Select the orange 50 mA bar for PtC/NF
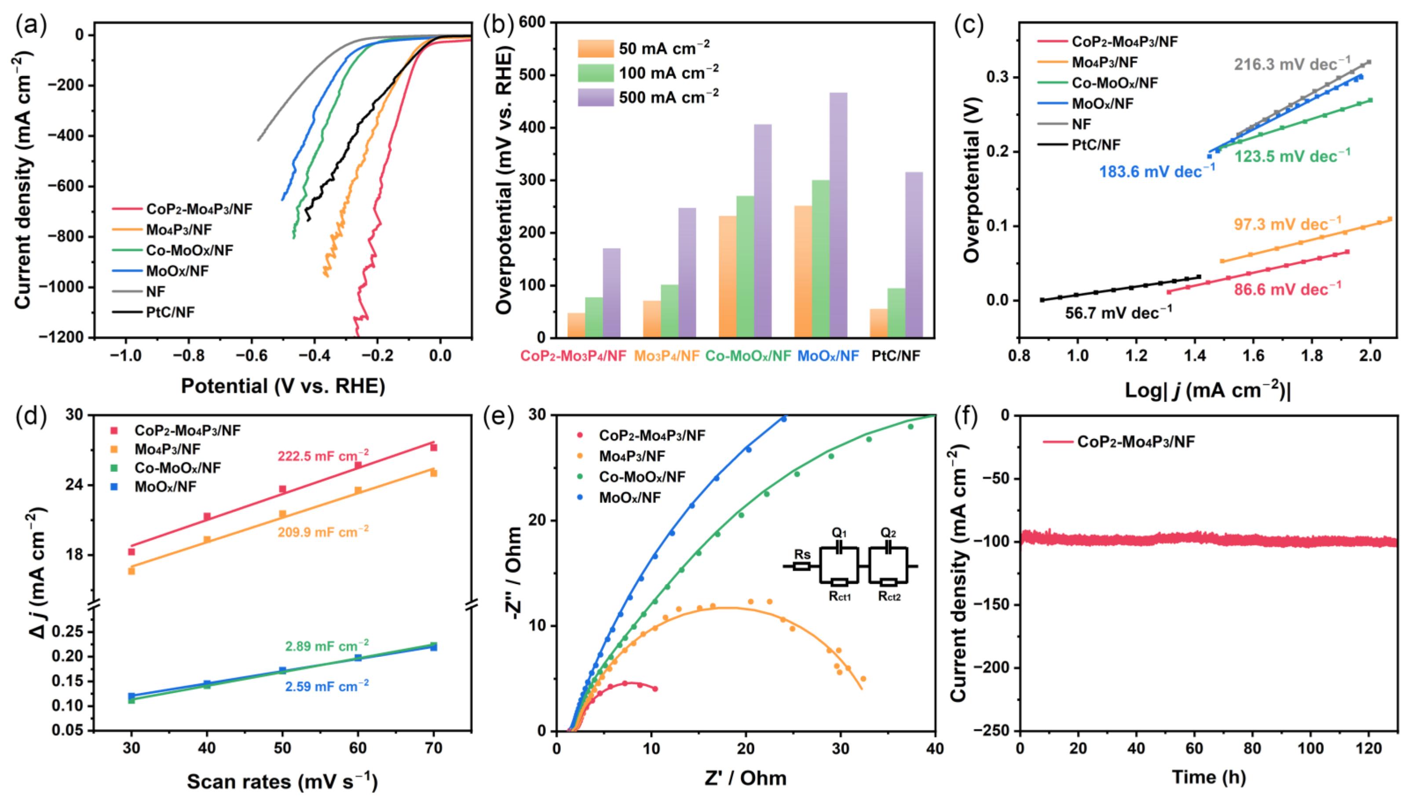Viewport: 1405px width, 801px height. [878, 323]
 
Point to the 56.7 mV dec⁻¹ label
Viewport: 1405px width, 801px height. [1118, 313]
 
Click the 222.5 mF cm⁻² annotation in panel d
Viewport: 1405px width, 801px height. [323, 456]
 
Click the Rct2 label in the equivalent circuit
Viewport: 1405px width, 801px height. [889, 596]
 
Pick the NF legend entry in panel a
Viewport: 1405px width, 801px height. [155, 292]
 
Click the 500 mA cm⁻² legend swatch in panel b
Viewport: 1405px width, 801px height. [595, 97]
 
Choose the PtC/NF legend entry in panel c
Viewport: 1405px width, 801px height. [1095, 145]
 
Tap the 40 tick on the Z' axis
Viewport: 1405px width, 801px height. [935, 748]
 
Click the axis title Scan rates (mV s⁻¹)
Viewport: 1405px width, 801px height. [282, 781]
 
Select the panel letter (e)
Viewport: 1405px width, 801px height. [498, 417]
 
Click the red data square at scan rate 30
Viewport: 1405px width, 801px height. [132, 552]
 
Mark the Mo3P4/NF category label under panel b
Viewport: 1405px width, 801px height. [666, 356]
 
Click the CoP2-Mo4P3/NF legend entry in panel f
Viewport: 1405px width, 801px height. [1135, 441]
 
